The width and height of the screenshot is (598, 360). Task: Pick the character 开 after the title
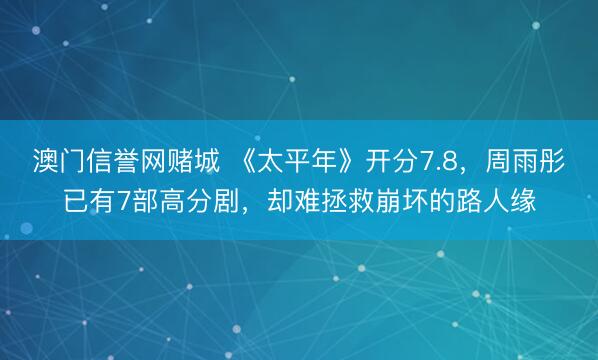[x=379, y=161]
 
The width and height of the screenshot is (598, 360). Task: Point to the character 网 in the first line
[x=136, y=161]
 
